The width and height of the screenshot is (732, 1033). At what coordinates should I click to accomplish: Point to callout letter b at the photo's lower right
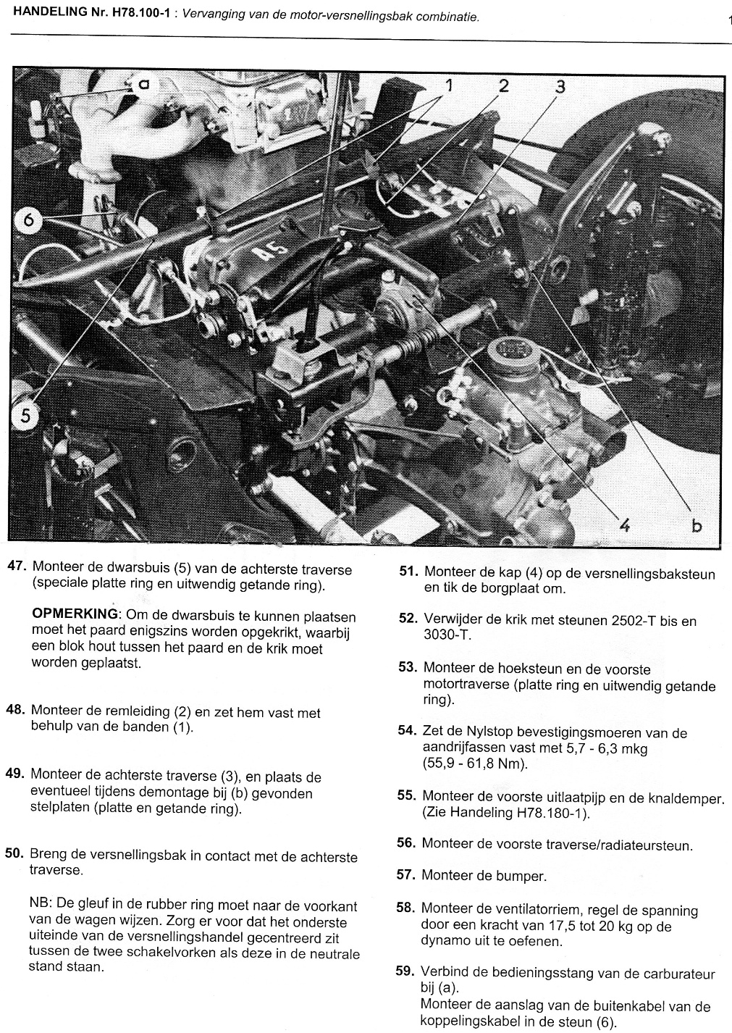(x=695, y=525)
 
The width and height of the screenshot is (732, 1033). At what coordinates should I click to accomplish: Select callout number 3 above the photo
(x=559, y=87)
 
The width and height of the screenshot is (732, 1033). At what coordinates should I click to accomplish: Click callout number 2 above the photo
(x=504, y=85)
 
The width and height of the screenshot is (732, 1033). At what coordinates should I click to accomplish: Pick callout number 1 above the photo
(x=449, y=85)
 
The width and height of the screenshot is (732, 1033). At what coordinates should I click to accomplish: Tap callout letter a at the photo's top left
(x=143, y=83)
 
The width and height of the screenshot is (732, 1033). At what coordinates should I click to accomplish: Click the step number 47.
(x=17, y=568)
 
